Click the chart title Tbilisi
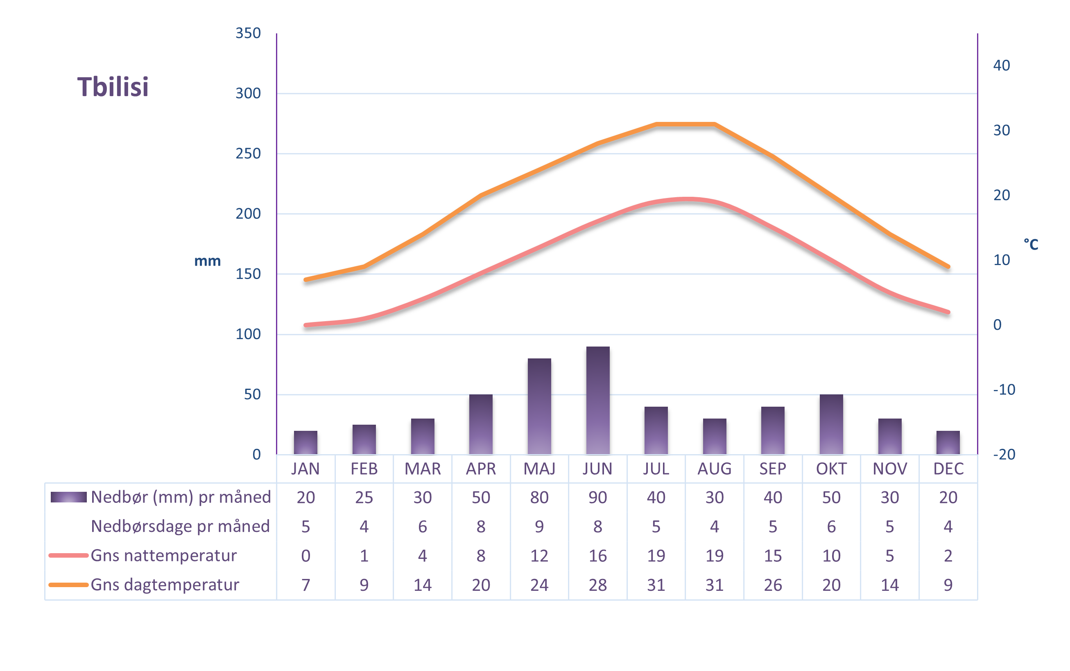[113, 87]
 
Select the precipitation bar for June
[597, 400]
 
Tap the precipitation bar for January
[305, 442]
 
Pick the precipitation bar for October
[831, 424]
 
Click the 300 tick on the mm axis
[248, 94]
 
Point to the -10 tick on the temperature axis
[1004, 390]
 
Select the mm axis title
[208, 261]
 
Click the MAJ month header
[539, 469]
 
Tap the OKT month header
[831, 469]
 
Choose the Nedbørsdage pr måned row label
[180, 526]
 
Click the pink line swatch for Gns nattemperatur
[68, 555]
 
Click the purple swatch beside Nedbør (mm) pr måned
[68, 497]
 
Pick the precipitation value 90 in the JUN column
[597, 498]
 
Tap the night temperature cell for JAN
[305, 556]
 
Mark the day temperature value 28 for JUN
[597, 585]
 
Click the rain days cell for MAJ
[539, 527]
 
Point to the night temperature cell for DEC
[948, 556]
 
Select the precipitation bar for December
[948, 442]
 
